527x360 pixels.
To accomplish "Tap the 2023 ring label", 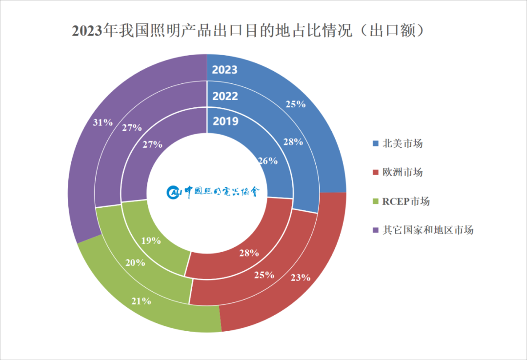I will pyautogui.click(x=224, y=70).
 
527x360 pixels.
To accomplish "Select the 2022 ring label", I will pyautogui.click(x=225, y=96).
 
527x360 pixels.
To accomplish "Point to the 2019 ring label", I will pyautogui.click(x=225, y=120).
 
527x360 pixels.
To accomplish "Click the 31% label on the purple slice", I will pyautogui.click(x=102, y=122).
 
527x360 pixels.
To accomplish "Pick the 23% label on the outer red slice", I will pyautogui.click(x=301, y=278).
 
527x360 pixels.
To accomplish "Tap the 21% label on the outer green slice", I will pyautogui.click(x=141, y=301).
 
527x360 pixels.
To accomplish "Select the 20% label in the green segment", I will pyautogui.click(x=135, y=262).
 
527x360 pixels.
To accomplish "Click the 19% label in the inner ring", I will pyautogui.click(x=151, y=240).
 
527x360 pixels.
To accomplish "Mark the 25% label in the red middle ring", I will pyautogui.click(x=264, y=275).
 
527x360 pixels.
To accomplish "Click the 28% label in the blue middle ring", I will pyautogui.click(x=293, y=142).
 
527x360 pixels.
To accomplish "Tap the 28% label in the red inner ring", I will pyautogui.click(x=249, y=253).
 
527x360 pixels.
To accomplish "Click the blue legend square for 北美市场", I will pyautogui.click(x=375, y=144).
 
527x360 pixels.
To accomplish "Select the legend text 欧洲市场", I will pyautogui.click(x=403, y=172).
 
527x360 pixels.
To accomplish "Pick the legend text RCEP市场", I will pyautogui.click(x=406, y=201).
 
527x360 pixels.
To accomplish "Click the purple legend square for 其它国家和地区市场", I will pyautogui.click(x=375, y=230).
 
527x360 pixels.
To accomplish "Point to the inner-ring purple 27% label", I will pyautogui.click(x=152, y=144).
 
